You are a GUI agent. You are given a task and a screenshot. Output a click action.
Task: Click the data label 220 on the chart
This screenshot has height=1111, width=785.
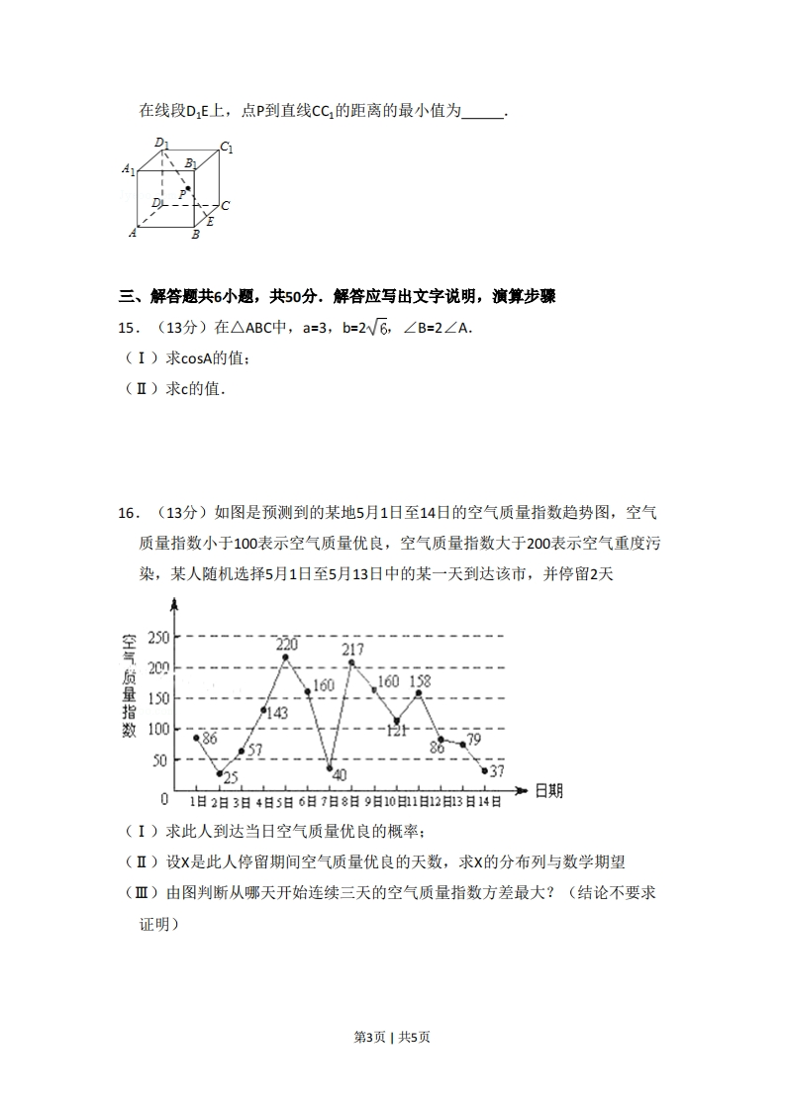pos(286,644)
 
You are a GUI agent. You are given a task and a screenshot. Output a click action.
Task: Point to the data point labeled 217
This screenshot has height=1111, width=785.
pos(351,662)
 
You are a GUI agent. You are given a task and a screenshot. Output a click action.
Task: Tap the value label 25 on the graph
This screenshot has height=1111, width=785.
pos(231,778)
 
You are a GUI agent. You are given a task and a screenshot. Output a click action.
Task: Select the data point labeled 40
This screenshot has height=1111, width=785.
pos(330,768)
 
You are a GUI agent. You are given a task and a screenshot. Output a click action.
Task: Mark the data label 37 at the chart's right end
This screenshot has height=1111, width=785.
pos(497,771)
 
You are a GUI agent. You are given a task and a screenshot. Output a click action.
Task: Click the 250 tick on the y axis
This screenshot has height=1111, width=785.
pos(158,637)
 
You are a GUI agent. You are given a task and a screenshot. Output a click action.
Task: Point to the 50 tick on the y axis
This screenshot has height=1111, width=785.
pos(160,759)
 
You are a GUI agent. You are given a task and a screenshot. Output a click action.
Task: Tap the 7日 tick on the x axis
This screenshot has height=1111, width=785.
pos(329,802)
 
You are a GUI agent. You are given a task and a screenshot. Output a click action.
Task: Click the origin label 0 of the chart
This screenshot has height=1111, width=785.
pos(164,798)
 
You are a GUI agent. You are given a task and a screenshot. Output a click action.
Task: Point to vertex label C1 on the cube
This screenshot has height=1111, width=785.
pos(226,148)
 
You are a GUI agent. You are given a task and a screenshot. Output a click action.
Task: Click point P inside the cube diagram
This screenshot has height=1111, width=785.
pos(188,187)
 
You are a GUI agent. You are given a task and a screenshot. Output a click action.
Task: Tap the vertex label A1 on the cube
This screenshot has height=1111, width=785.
pos(129,169)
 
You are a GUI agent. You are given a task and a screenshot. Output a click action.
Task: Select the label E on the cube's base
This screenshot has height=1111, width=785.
pos(210,221)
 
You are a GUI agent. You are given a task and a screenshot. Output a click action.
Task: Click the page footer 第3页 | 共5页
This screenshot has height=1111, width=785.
pos(392,1037)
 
